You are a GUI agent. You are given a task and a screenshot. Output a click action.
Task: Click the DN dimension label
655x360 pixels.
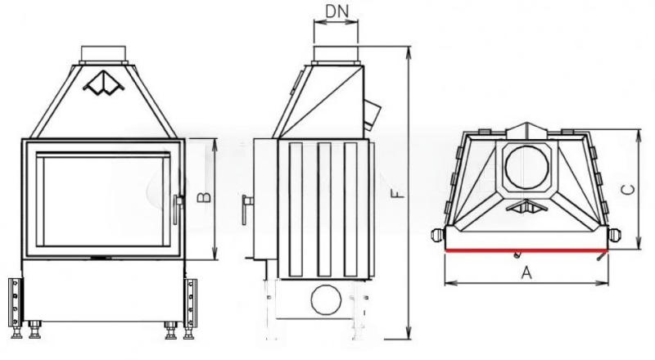pyautogui.click(x=337, y=11)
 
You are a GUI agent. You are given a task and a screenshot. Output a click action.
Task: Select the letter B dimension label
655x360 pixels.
pyautogui.click(x=204, y=197)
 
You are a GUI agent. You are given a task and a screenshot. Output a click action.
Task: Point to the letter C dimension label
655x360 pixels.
pyautogui.click(x=628, y=190)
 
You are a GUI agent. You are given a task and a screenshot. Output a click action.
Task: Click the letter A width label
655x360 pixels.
pyautogui.click(x=526, y=272)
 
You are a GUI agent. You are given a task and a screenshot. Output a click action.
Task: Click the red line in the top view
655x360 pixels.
pyautogui.click(x=526, y=250)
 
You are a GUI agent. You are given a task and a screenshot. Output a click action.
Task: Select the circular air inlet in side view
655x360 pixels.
pyautogui.click(x=326, y=299)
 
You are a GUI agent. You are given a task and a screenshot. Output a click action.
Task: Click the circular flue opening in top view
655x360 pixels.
pyautogui.click(x=526, y=168)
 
